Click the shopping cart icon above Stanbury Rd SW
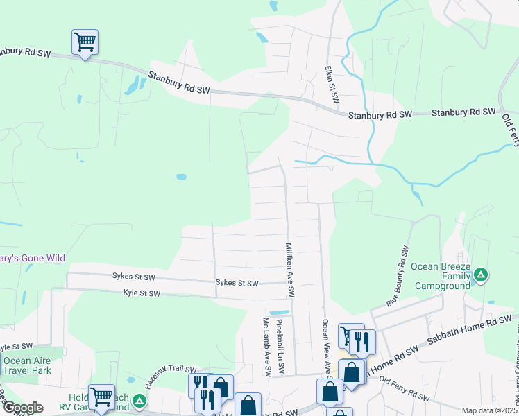point(85,43)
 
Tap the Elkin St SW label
point(332,85)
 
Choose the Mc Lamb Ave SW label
point(266,347)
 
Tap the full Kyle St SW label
point(141,294)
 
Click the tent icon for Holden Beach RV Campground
point(139,401)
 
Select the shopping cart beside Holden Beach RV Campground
point(101,398)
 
